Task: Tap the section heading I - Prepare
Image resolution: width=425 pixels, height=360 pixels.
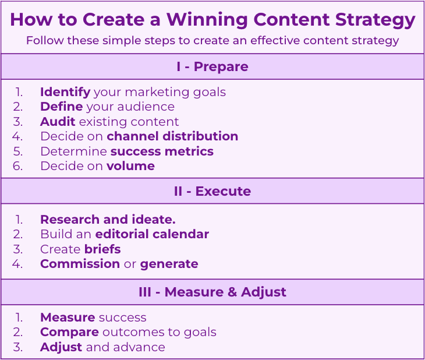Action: click(x=212, y=66)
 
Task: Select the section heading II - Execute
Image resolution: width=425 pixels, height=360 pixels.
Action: click(x=212, y=191)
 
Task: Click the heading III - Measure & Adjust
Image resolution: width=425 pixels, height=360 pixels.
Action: click(x=212, y=292)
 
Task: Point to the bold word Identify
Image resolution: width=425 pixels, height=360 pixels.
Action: click(x=65, y=92)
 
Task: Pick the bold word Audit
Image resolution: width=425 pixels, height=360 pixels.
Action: click(x=58, y=122)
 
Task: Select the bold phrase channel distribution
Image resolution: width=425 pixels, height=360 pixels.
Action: click(x=172, y=136)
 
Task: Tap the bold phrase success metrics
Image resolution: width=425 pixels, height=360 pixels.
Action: click(x=162, y=151)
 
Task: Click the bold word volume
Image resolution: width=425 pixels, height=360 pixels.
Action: click(x=130, y=166)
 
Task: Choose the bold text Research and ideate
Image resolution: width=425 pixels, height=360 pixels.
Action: click(x=108, y=220)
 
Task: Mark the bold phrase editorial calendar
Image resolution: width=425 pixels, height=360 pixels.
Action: click(x=152, y=234)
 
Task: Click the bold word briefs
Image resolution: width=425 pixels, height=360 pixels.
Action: click(x=102, y=249)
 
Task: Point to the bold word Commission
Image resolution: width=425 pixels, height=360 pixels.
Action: click(x=80, y=264)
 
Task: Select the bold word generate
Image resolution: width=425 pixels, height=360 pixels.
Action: click(x=169, y=264)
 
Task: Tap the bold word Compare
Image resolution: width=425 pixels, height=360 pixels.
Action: click(x=69, y=332)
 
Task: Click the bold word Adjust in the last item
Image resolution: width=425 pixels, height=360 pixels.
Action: click(x=61, y=347)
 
